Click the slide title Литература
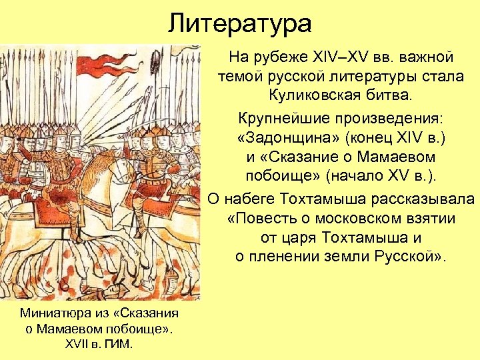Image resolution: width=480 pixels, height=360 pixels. pyautogui.click(x=240, y=23)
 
